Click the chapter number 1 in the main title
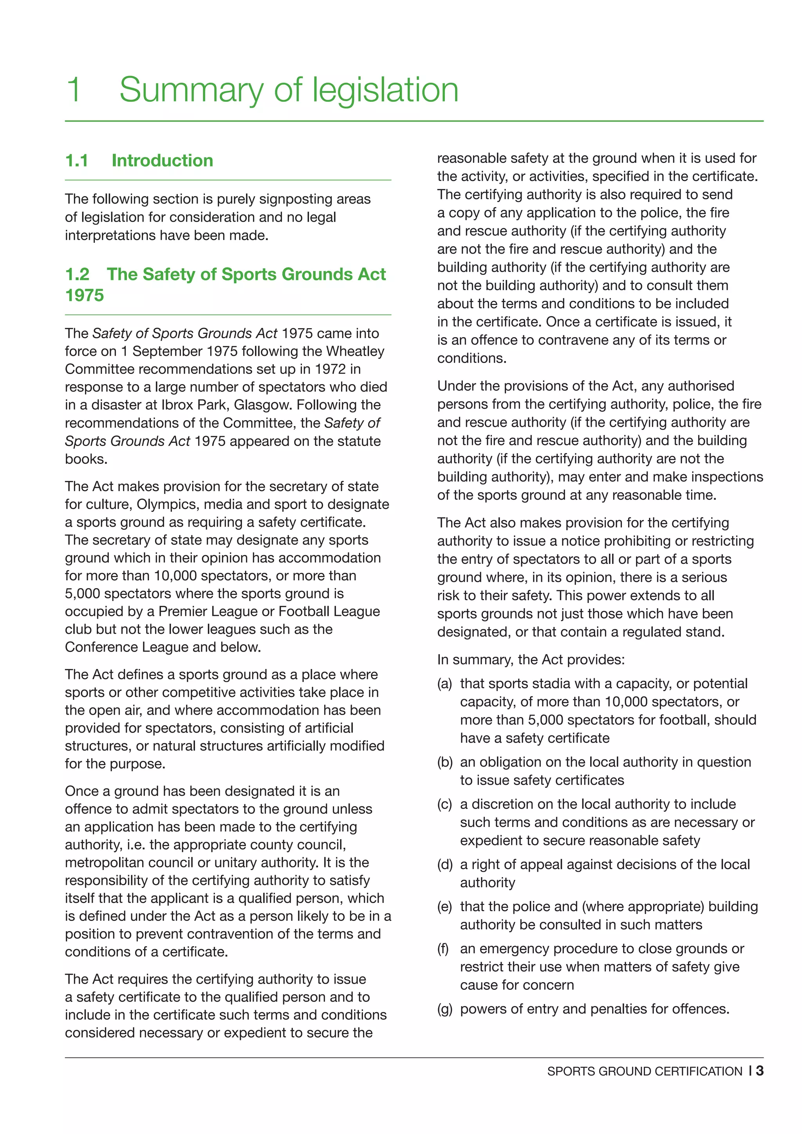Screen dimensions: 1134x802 coord(74,90)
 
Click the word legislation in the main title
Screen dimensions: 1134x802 coord(385,90)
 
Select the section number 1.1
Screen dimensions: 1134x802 coord(77,161)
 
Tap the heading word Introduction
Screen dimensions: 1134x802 coord(162,161)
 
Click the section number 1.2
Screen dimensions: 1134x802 coord(78,274)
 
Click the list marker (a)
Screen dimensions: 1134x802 coord(444,684)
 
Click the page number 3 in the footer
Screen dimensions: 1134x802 coord(760,1071)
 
